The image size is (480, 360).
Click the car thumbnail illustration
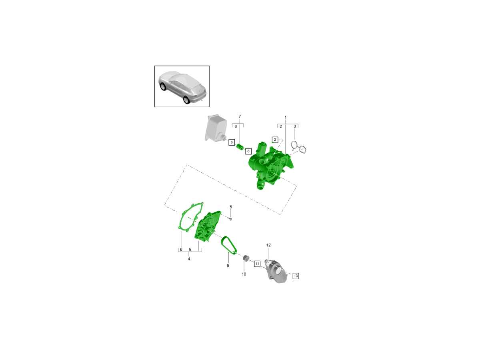pos(182,86)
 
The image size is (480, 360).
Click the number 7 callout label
pos(240,116)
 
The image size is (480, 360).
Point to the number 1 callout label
pos(285,118)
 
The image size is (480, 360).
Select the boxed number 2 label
pos(275,140)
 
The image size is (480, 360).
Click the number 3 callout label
pos(295,126)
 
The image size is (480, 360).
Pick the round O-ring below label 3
pos(295,145)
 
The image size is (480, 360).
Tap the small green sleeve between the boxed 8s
pos(240,147)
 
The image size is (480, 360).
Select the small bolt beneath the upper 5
pos(230,219)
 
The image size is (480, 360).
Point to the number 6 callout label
pos(181,249)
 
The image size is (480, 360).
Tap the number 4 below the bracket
pos(189,259)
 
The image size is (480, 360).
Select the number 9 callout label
pos(228,265)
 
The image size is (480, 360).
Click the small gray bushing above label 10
pos(246,258)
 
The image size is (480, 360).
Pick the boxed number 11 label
pos(257,264)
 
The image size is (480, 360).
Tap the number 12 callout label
pos(268,245)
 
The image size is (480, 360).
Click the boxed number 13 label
pos(296,276)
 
